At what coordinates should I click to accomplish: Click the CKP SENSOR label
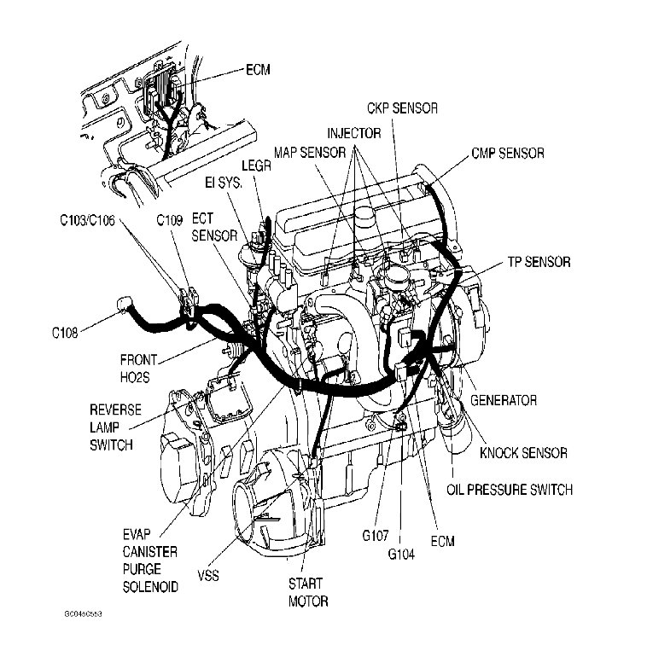(403, 108)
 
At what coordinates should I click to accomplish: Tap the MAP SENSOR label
(310, 153)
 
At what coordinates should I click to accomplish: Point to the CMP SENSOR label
(507, 154)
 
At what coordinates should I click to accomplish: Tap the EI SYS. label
(225, 183)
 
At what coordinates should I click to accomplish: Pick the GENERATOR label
(503, 399)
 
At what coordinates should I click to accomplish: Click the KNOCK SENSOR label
(523, 453)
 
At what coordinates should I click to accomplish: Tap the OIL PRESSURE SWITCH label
(510, 490)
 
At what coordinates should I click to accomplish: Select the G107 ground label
(375, 535)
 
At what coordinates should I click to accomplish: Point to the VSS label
(207, 575)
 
